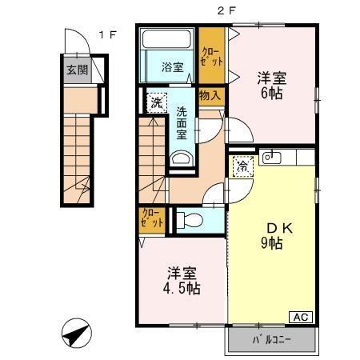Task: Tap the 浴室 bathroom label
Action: click(173, 66)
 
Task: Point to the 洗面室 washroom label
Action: click(183, 122)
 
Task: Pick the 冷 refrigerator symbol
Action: click(242, 166)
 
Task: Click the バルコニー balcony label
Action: click(272, 340)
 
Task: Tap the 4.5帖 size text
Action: click(182, 288)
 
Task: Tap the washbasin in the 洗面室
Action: click(182, 159)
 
